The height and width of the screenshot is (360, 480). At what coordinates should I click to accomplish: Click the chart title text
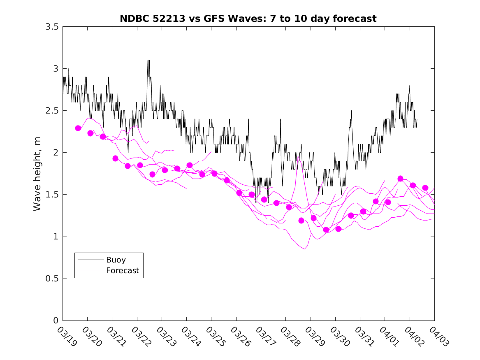tap(248, 19)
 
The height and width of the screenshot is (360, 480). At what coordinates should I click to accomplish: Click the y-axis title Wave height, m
tap(37, 173)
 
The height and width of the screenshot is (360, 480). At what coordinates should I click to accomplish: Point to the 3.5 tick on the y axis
tap(52, 27)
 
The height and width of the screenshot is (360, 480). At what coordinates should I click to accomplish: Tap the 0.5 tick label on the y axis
tap(52, 279)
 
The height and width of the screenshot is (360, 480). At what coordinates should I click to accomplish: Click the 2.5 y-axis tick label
tap(52, 111)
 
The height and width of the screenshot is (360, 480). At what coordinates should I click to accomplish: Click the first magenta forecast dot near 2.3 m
tap(78, 128)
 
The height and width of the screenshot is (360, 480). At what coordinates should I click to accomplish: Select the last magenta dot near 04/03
tap(425, 188)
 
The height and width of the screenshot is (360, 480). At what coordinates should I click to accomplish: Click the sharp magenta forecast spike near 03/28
tap(298, 157)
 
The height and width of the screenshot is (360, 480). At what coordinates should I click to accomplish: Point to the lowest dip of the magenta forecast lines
tap(304, 249)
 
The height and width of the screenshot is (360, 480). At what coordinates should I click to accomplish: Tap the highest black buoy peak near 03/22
tap(148, 60)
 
